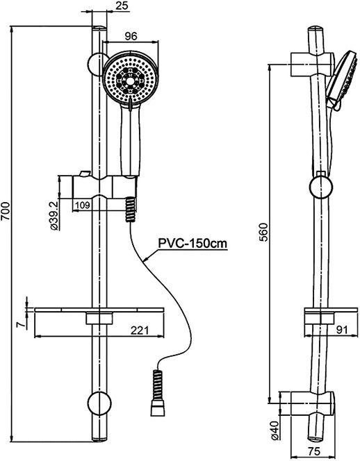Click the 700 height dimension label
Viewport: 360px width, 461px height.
6,211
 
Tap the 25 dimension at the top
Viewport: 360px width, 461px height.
122,6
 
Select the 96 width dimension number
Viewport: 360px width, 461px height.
131,36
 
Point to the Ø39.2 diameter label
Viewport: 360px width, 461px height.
55,214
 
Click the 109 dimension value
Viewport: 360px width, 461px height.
83,205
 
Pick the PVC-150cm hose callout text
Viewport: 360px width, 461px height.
193,244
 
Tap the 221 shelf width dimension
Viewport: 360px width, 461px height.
140,330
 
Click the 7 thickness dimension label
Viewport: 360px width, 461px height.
21,324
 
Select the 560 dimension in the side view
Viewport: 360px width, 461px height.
263,233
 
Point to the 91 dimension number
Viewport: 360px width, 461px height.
342,330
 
